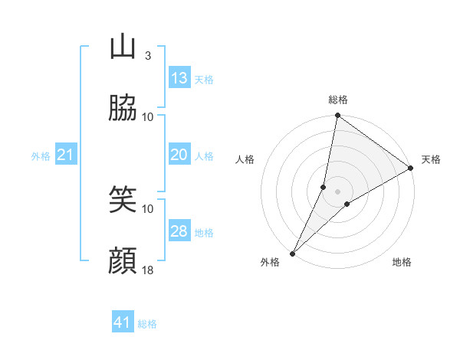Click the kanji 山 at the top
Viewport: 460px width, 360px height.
[x=123, y=47]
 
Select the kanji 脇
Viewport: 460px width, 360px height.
[x=123, y=109]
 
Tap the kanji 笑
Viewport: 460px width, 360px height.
[x=123, y=201]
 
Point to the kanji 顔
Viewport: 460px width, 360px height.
[x=123, y=262]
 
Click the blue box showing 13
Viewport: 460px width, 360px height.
[x=179, y=78]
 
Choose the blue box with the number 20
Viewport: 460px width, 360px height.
[x=179, y=155]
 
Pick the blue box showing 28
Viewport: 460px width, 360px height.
[x=179, y=231]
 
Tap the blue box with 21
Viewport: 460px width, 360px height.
[x=66, y=155]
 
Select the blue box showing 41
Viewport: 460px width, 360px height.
[x=123, y=323]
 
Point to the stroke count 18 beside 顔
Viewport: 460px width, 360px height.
[x=148, y=270]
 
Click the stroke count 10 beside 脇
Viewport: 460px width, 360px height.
[x=148, y=116]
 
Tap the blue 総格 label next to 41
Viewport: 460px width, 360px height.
[x=147, y=324]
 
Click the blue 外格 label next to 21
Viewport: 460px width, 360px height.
[x=41, y=155]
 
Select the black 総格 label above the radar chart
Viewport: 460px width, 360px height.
[x=338, y=100]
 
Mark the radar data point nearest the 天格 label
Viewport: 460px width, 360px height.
[x=411, y=169]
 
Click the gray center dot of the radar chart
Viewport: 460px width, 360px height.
[x=338, y=191]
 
